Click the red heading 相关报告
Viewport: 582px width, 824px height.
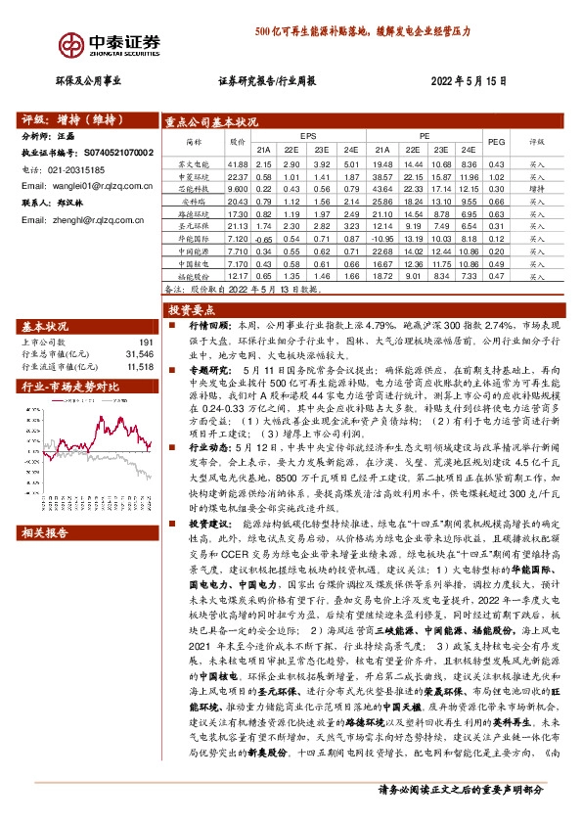coord(45,533)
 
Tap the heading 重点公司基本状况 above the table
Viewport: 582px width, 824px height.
coord(212,122)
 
